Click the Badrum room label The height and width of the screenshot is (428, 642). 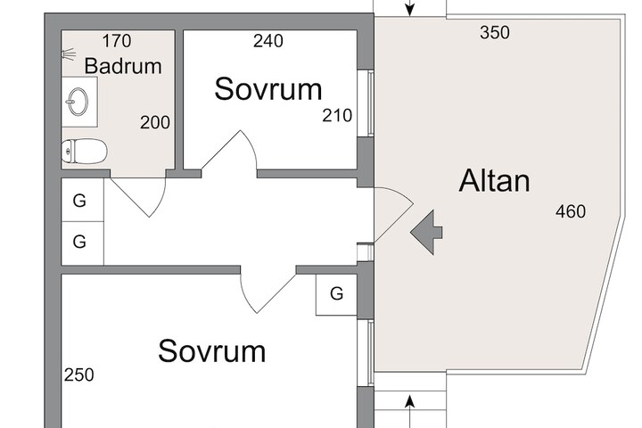coord(123,66)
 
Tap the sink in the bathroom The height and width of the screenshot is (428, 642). coord(77,102)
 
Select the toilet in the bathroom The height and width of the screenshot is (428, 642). coord(84,151)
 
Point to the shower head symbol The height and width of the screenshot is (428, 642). coord(69,54)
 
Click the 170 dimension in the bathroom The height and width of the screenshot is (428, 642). coord(117,41)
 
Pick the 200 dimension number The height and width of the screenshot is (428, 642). coord(155,122)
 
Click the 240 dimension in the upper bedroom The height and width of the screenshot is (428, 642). coord(268,41)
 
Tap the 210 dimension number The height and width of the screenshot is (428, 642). coord(337,116)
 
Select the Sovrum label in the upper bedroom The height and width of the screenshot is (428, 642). coord(268,89)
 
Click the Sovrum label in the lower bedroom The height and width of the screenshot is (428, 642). coord(211,351)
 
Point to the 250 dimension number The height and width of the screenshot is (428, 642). coord(79,375)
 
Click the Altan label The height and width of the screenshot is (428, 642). coord(494,181)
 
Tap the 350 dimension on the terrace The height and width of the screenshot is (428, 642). coord(495,33)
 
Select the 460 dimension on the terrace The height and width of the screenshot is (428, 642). coord(571,211)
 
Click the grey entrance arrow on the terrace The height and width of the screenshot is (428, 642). coord(426,233)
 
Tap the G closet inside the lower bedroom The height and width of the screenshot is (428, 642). coord(336,294)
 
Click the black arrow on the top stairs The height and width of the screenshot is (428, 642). coord(410,8)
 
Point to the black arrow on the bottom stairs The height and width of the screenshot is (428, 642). coord(410,411)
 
